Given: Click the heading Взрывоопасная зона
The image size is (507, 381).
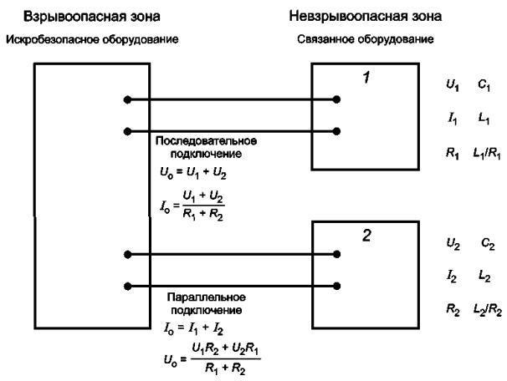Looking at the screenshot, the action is (x=92, y=17).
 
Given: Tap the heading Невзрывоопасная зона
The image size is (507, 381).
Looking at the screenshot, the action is (x=366, y=16).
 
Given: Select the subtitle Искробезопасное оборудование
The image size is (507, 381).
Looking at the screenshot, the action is (x=92, y=40).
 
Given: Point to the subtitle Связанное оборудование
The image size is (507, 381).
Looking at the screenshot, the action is (x=366, y=39).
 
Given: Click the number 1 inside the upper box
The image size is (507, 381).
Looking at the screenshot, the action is (x=366, y=78).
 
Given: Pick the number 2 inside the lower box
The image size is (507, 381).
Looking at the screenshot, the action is (x=366, y=236).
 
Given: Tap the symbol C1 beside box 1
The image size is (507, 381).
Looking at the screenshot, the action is (x=484, y=85).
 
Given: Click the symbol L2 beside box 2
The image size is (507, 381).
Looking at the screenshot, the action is (x=484, y=277).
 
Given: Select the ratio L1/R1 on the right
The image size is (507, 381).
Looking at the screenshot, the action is (x=487, y=154).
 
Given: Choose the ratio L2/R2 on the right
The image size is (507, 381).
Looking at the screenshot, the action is (x=488, y=310).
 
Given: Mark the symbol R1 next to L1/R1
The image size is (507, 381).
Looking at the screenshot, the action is (x=453, y=154).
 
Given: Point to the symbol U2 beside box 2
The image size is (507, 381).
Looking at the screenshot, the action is (x=453, y=244).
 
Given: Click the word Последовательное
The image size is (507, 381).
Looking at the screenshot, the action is (x=207, y=141).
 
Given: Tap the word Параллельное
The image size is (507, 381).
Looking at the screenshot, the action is (x=207, y=297).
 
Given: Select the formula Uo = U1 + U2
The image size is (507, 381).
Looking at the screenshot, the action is (x=193, y=174).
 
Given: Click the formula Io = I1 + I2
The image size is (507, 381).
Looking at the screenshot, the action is (x=193, y=329).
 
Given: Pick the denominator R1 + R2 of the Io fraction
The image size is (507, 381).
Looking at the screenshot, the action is (x=202, y=215).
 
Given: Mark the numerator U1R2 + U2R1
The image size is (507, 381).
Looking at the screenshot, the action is (x=225, y=349).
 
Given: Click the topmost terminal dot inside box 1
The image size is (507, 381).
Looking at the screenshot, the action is (x=336, y=99).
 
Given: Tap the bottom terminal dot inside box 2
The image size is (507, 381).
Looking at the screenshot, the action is (x=336, y=286).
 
